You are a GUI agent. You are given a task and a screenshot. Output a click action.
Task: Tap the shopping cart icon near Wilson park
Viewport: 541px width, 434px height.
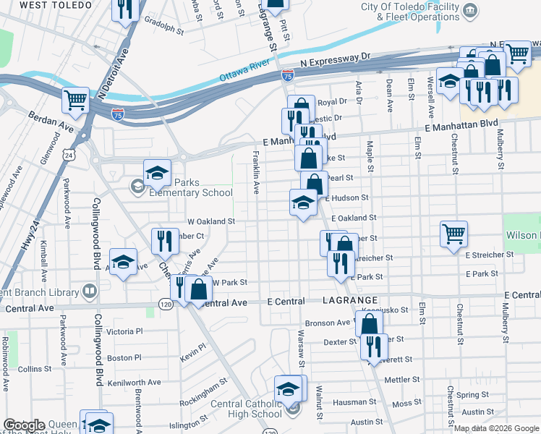point(454,234)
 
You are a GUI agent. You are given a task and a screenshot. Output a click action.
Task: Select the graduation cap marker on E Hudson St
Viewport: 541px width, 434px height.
point(302,203)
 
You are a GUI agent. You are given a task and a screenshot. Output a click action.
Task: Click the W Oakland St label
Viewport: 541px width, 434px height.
point(211,221)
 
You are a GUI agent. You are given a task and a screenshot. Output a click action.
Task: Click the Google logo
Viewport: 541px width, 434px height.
point(25,425)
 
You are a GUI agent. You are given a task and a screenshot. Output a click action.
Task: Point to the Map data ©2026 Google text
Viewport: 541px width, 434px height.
point(495,428)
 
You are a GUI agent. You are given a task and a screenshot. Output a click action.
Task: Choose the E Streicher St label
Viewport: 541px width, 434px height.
point(489,255)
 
